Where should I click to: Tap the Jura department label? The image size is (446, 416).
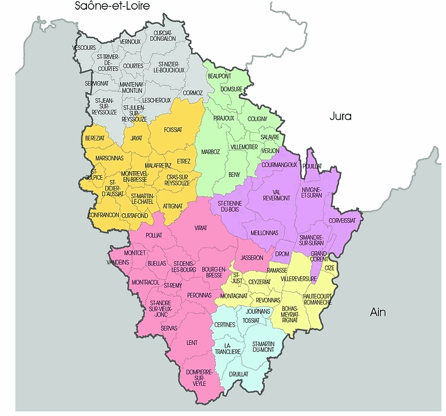point(340,117)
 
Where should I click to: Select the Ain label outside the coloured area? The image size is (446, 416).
point(377,311)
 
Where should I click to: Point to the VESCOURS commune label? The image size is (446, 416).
point(84,48)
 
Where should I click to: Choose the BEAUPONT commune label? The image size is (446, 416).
point(219,76)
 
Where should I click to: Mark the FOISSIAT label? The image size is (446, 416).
point(173,130)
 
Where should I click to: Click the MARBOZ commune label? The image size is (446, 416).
point(211,152)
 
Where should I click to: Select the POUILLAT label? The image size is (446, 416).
point(312,165)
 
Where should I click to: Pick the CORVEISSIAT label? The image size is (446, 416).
point(342,220)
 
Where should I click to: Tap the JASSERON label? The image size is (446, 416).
point(252,257)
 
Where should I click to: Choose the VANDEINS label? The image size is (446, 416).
point(118,262)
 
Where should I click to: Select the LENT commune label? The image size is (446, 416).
point(191,343)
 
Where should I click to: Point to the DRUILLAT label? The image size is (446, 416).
point(239,375)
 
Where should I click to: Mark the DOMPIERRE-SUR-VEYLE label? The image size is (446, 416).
point(199,376)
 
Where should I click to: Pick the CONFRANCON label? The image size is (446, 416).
point(103,215)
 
